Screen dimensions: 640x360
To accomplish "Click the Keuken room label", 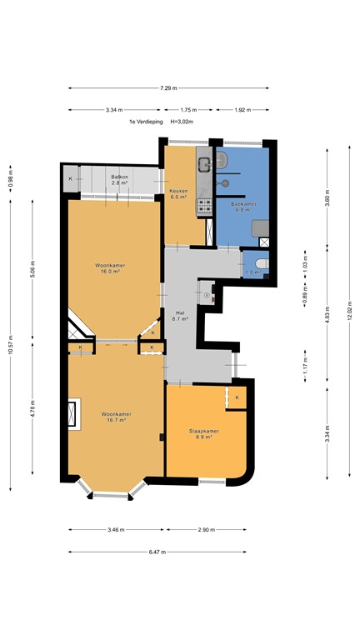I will (179, 193).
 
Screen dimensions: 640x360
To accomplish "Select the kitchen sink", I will (202, 160).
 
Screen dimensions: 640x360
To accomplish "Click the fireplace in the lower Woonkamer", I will (74, 414).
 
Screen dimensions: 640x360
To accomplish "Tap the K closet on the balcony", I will (71, 179).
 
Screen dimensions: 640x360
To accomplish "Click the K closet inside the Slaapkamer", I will (237, 397).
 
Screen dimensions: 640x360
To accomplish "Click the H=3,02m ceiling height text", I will (186, 122).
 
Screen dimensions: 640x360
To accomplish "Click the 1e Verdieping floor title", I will (145, 122).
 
